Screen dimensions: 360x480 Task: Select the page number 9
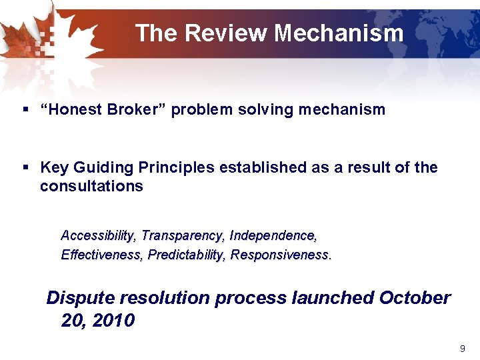(x=463, y=349)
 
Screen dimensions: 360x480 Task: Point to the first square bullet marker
(x=25, y=110)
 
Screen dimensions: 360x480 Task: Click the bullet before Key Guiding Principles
(x=25, y=167)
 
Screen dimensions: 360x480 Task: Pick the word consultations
(x=91, y=186)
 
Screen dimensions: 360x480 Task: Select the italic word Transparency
(x=183, y=235)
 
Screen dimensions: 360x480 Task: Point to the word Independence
(x=272, y=235)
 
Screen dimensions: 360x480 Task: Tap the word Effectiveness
(x=101, y=255)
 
